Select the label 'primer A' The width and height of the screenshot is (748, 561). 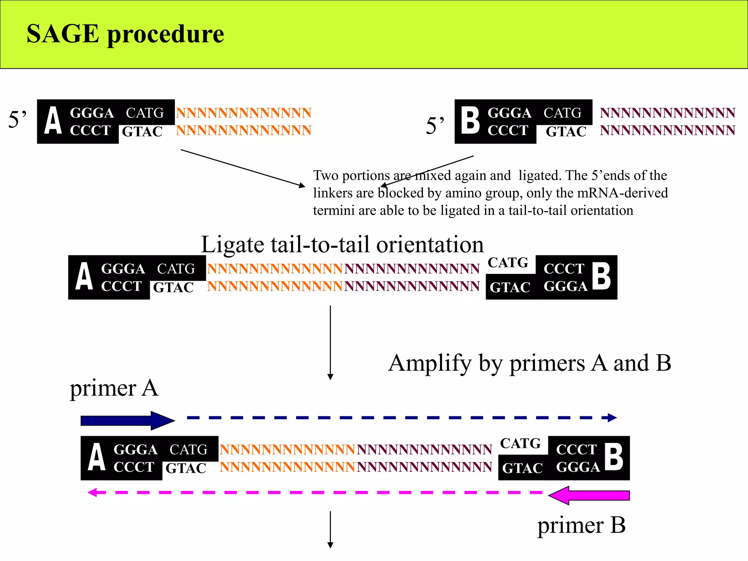[x=114, y=388]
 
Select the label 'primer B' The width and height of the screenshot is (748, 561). [x=581, y=526]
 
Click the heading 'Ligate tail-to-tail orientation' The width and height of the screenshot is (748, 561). [x=342, y=244]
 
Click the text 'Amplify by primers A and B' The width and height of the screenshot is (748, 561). [x=530, y=363]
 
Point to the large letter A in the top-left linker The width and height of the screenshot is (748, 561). [x=53, y=121]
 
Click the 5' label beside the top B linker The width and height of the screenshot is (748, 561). [x=435, y=126]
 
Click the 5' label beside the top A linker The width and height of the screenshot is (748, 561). [x=17, y=120]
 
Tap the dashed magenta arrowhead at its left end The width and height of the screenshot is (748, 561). [x=92, y=492]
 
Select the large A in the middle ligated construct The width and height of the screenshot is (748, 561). [x=84, y=277]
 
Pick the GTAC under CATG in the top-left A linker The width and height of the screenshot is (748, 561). [x=142, y=132]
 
